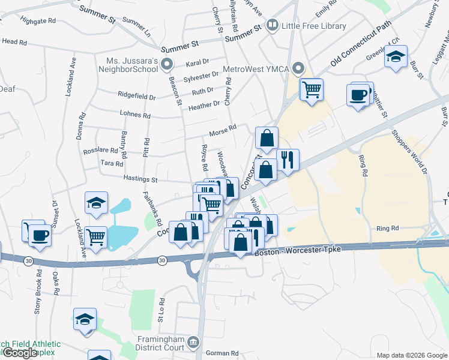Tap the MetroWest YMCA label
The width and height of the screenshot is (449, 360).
[x=256, y=69]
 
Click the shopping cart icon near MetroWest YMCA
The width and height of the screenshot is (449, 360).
[x=312, y=90]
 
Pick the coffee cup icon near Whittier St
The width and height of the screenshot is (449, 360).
[x=358, y=95]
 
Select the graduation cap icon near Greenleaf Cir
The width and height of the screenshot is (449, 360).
[x=396, y=57]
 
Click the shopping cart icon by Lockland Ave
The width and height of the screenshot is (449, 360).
[x=96, y=238]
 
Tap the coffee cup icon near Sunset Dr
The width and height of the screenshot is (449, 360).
[x=40, y=234]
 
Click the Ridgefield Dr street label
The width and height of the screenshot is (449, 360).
[x=137, y=96]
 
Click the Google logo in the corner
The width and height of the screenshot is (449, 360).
[x=19, y=353]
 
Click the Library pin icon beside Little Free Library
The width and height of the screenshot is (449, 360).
[x=272, y=25]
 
